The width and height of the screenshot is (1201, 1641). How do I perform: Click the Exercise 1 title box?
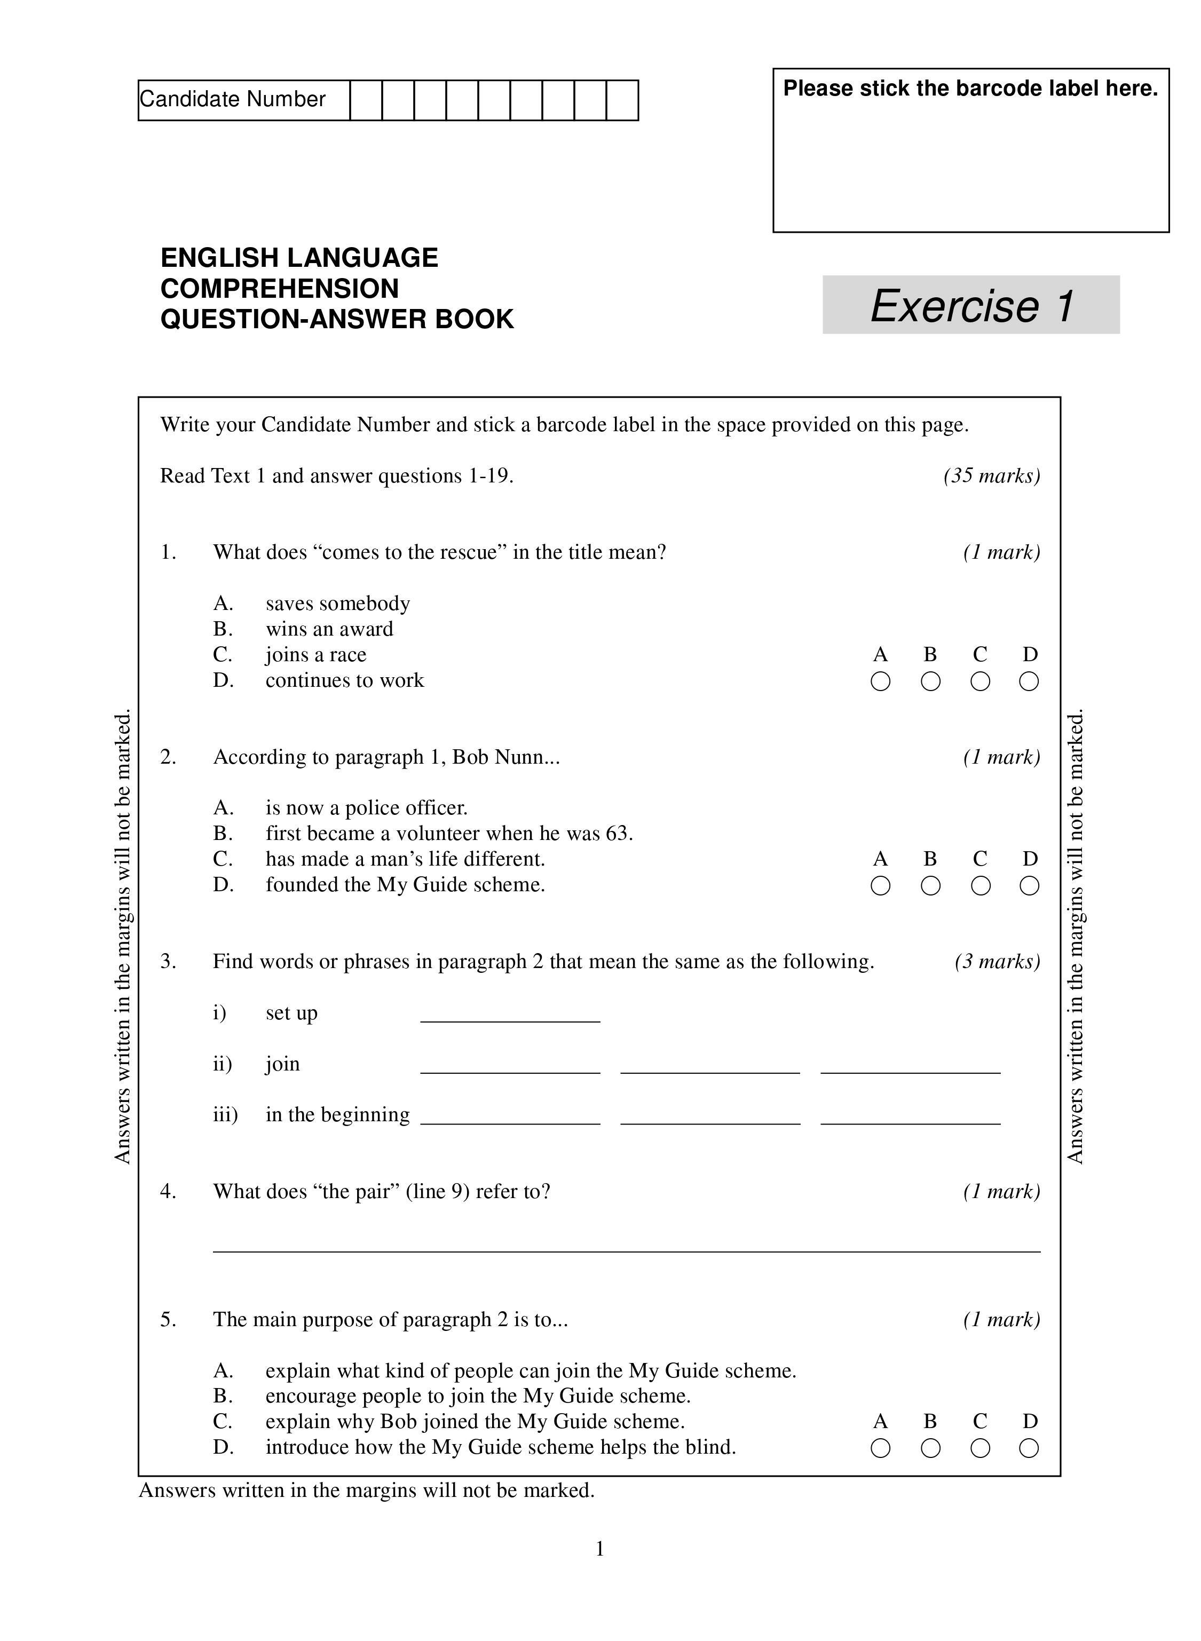(970, 305)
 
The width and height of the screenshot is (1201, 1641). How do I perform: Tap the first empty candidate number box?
(366, 100)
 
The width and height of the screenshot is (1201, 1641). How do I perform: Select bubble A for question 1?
(880, 681)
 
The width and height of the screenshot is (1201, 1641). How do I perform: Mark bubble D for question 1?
(1029, 681)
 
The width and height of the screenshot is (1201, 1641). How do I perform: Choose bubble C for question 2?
(979, 886)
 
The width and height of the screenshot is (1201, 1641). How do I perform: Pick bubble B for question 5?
(930, 1448)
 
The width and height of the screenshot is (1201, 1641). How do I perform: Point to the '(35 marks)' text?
(992, 476)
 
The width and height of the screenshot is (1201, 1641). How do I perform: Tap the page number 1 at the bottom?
(600, 1549)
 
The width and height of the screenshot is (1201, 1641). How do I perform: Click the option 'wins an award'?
(329, 629)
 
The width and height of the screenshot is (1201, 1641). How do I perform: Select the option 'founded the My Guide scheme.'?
(405, 884)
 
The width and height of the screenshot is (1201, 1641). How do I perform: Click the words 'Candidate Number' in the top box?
(233, 100)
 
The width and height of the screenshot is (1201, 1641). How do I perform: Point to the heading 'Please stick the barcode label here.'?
(970, 89)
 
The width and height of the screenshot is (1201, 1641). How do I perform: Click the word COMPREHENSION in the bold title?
(279, 289)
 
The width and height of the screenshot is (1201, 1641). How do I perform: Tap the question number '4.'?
(168, 1191)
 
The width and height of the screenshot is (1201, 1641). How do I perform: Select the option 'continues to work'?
(345, 680)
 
